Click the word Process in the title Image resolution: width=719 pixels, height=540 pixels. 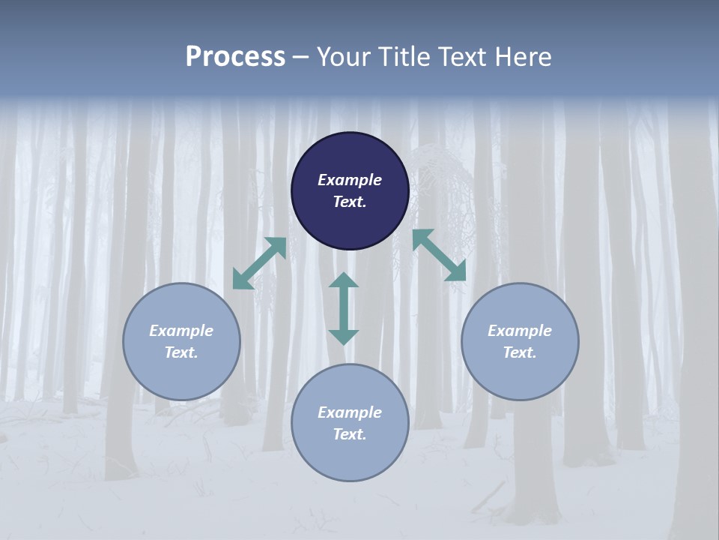tap(235, 57)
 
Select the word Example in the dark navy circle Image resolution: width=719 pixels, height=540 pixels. tap(350, 180)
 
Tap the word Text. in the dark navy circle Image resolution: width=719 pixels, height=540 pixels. tap(350, 202)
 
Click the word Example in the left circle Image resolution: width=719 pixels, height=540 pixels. tap(181, 331)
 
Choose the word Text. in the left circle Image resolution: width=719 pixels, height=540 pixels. tap(181, 352)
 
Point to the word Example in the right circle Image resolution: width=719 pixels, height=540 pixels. tap(520, 331)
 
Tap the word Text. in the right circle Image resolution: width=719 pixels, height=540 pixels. tap(520, 352)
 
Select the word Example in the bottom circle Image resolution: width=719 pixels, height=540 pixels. tap(350, 412)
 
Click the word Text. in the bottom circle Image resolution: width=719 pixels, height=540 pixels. tap(350, 434)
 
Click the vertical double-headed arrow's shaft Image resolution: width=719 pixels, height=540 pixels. tap(344, 308)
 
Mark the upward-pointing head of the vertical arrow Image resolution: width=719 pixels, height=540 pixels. tap(344, 280)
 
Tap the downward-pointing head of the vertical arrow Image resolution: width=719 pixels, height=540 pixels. tap(344, 337)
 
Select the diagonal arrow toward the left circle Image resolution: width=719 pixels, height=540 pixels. tap(259, 263)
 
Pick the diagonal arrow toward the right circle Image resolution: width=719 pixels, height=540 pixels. tap(440, 256)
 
